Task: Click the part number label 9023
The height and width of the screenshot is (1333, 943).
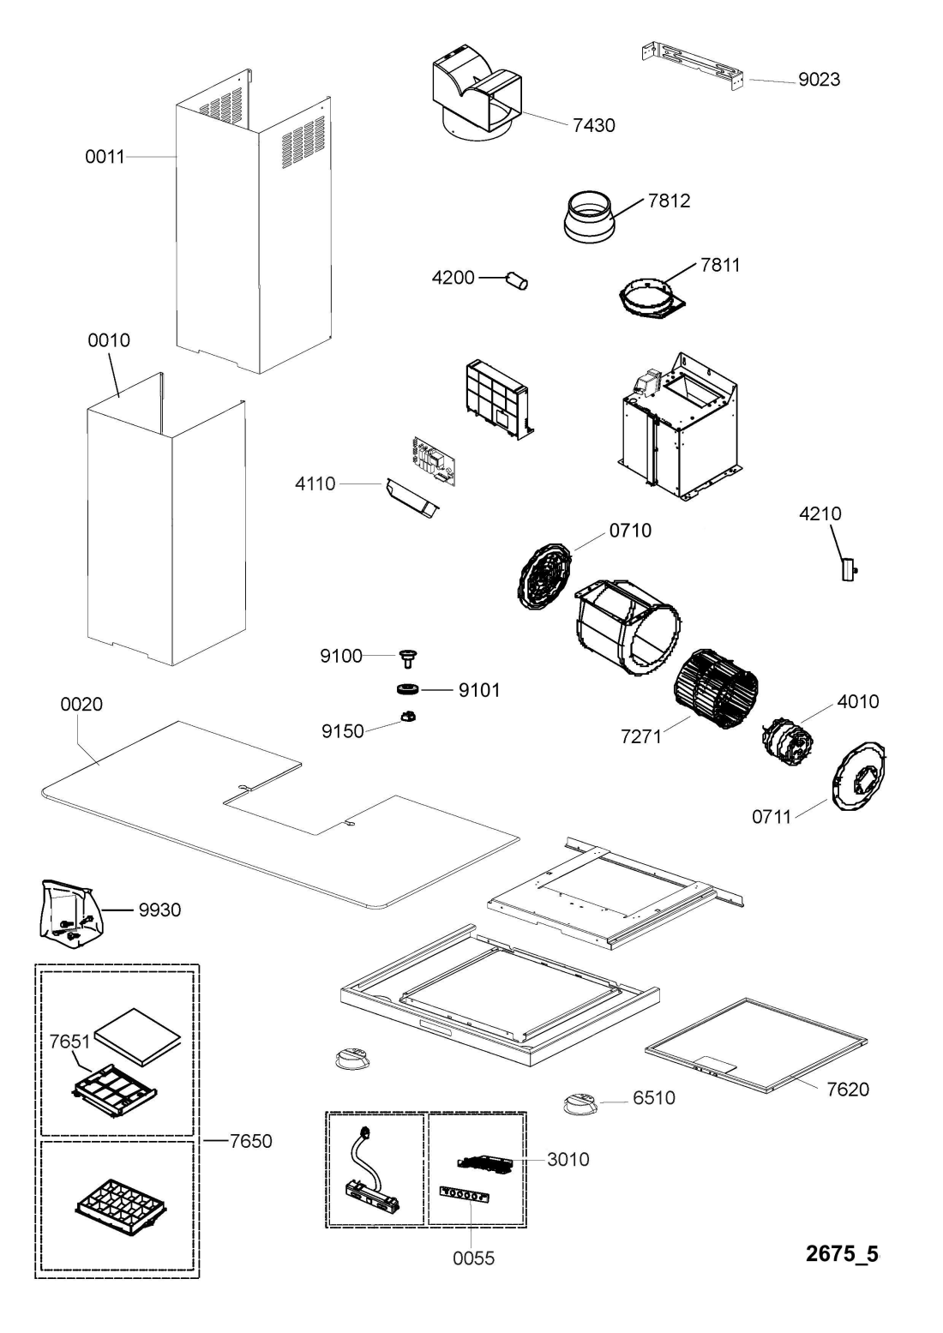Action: coord(819,80)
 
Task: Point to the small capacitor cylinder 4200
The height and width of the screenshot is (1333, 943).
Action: coord(518,279)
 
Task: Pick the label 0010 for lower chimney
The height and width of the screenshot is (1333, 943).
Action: coord(109,340)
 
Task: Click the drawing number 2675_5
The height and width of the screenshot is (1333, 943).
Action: coord(843,1254)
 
